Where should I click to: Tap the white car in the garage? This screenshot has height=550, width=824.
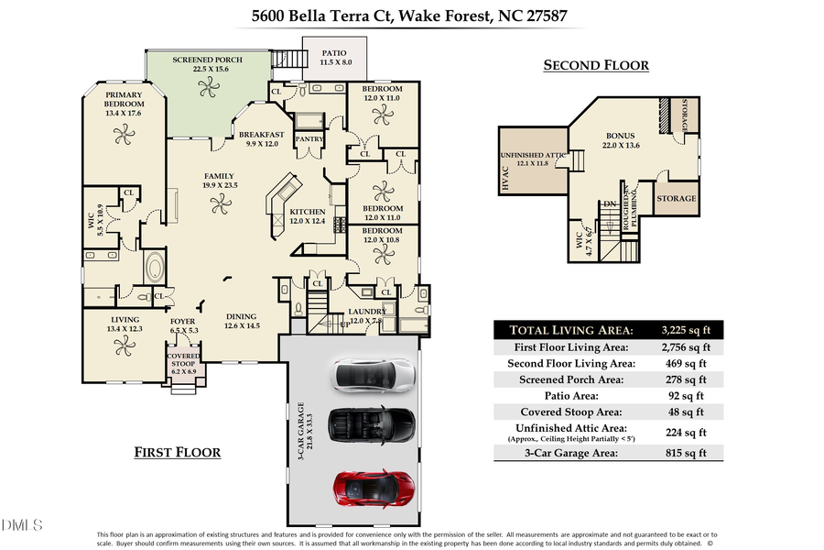(x=373, y=373)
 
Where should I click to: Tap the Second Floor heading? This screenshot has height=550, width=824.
(x=596, y=65)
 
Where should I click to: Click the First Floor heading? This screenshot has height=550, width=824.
(x=177, y=452)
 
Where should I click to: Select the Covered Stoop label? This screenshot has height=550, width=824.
(x=183, y=361)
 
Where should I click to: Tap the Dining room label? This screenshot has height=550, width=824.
(x=242, y=321)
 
